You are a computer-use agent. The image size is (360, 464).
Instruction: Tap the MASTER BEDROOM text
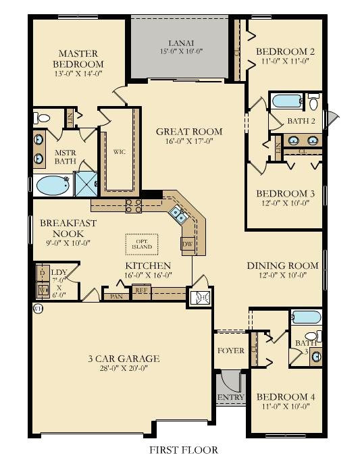click(78, 59)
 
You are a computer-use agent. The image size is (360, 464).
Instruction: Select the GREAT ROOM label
click(189, 132)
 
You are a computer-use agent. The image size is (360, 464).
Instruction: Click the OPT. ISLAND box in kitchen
click(142, 243)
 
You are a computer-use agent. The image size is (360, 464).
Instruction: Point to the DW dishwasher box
click(188, 243)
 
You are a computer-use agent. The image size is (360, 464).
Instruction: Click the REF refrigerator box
click(141, 291)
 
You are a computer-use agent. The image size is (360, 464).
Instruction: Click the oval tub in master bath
click(52, 184)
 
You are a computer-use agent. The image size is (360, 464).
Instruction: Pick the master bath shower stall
click(86, 183)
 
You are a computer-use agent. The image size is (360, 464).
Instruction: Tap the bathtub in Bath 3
click(306, 317)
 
